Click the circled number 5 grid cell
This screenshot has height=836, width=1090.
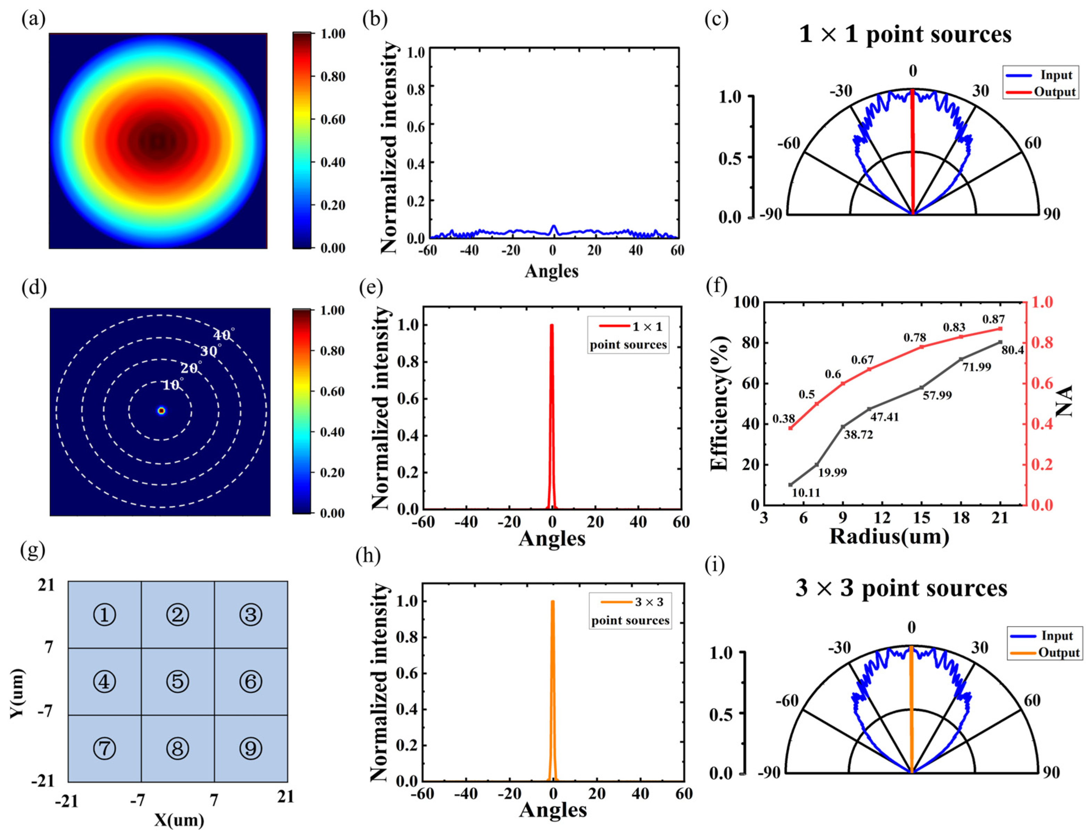(x=178, y=681)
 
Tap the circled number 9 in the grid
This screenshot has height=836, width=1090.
(x=250, y=748)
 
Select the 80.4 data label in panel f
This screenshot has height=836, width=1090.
(x=1012, y=350)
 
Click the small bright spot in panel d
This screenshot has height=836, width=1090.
(x=161, y=410)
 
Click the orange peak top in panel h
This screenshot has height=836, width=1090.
(x=552, y=602)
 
